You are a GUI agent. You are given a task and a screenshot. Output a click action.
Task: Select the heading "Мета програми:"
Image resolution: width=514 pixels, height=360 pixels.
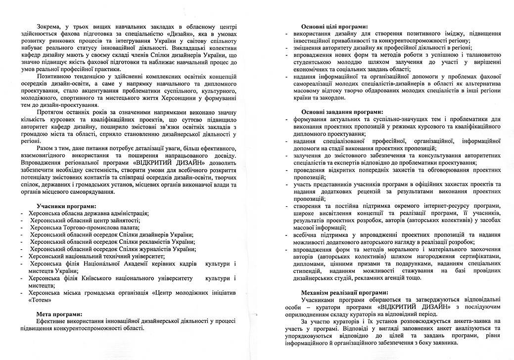pyautogui.click(x=59, y=314)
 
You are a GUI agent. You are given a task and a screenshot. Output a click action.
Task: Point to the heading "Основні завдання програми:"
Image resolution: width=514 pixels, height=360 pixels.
pyautogui.click(x=342, y=112)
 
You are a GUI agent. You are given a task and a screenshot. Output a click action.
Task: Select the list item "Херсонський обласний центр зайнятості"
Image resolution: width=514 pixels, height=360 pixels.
pyautogui.click(x=84, y=220)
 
